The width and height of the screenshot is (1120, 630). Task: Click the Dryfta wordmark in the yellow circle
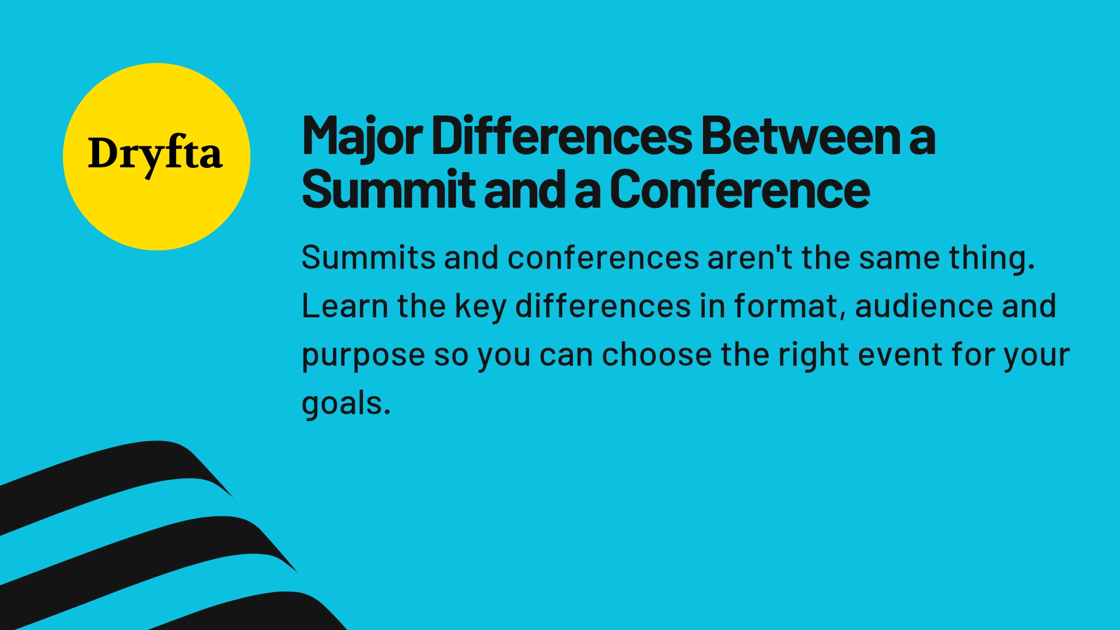point(155,154)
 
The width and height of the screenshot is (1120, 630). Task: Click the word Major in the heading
point(362,136)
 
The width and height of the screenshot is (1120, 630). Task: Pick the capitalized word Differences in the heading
point(562,136)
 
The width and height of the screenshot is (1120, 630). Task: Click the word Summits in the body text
point(368,257)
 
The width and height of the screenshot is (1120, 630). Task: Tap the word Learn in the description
point(344,306)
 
